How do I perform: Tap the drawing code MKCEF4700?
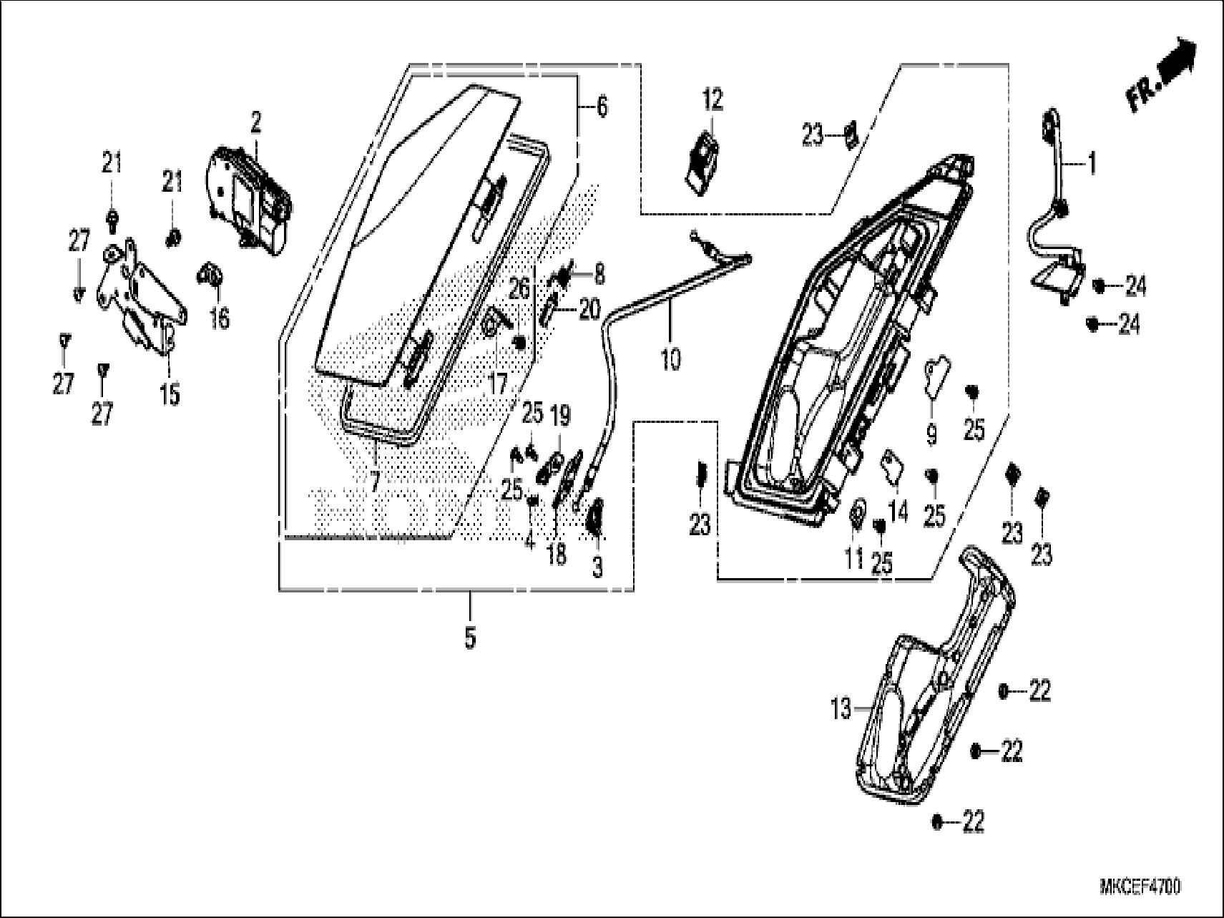1141,887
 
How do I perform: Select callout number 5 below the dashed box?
469,638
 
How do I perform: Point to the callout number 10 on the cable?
670,358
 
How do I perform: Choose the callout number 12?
713,99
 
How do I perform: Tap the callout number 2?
255,124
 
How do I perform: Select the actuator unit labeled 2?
250,200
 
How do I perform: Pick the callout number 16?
220,318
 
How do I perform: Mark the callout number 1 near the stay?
1091,165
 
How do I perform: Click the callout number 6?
602,107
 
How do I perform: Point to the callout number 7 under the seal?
375,481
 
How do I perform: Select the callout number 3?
597,567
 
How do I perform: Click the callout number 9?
931,434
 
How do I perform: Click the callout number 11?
853,558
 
